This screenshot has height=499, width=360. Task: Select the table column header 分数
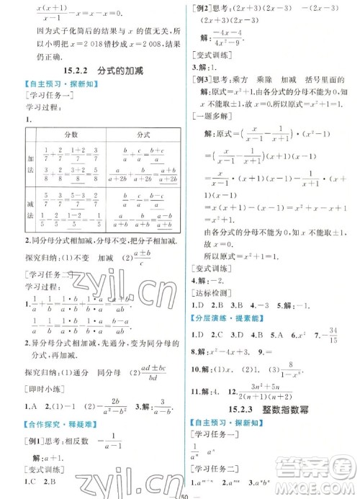pyautogui.click(x=71, y=134)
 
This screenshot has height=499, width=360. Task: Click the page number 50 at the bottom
pyautogui.click(x=181, y=493)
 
